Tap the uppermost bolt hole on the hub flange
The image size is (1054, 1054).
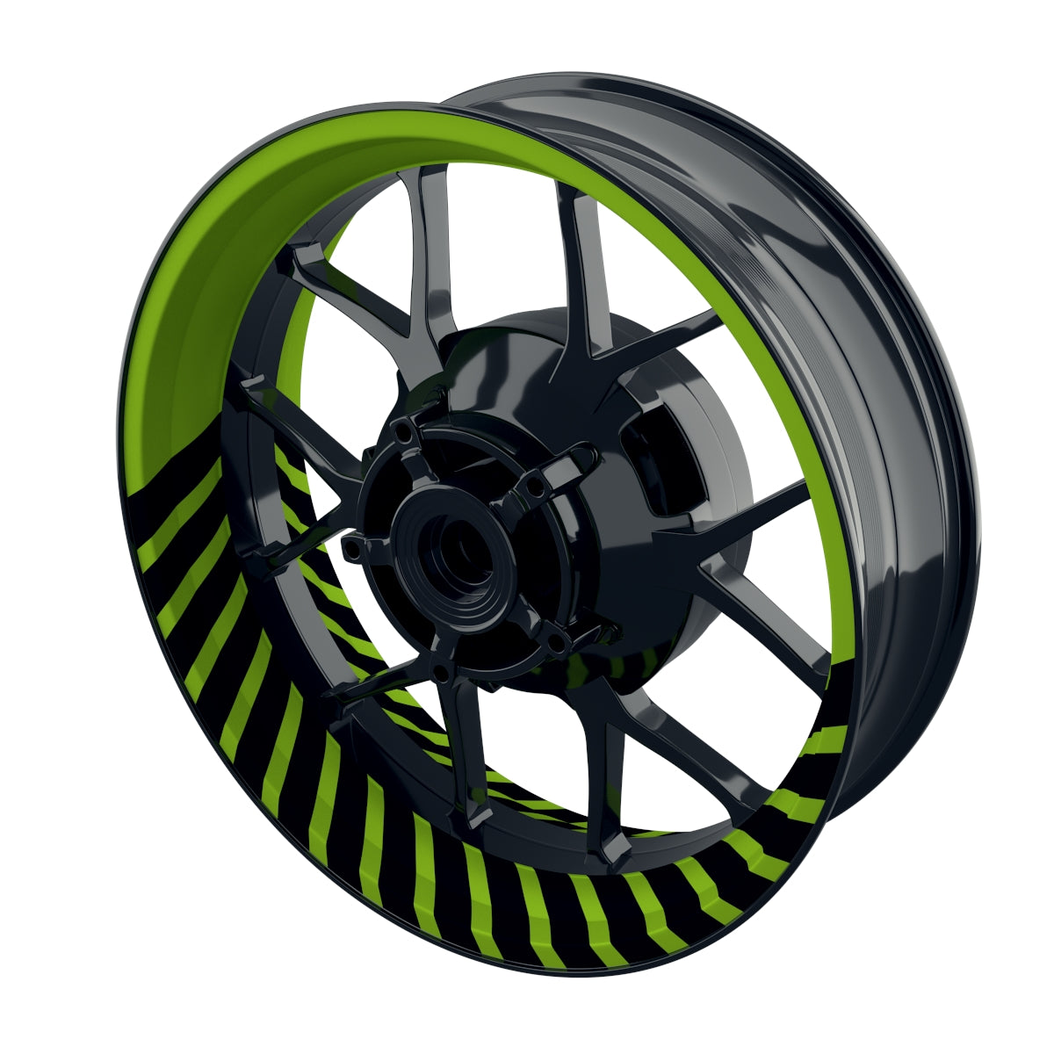click(x=402, y=433)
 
